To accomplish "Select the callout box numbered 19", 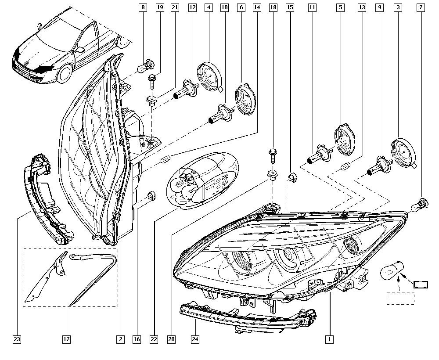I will [x=159, y=7].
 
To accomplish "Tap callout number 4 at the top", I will [x=209, y=7].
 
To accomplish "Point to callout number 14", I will [x=257, y=7].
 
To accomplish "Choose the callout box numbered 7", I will [x=421, y=7].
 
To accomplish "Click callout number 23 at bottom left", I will [x=17, y=339].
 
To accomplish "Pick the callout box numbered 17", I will [x=66, y=339].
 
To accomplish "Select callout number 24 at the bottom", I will [x=195, y=339].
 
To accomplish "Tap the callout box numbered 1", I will [x=328, y=339].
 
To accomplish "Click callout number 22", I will [x=153, y=339].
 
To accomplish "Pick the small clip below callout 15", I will [x=291, y=177].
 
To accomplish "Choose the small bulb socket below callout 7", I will [x=421, y=204].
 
